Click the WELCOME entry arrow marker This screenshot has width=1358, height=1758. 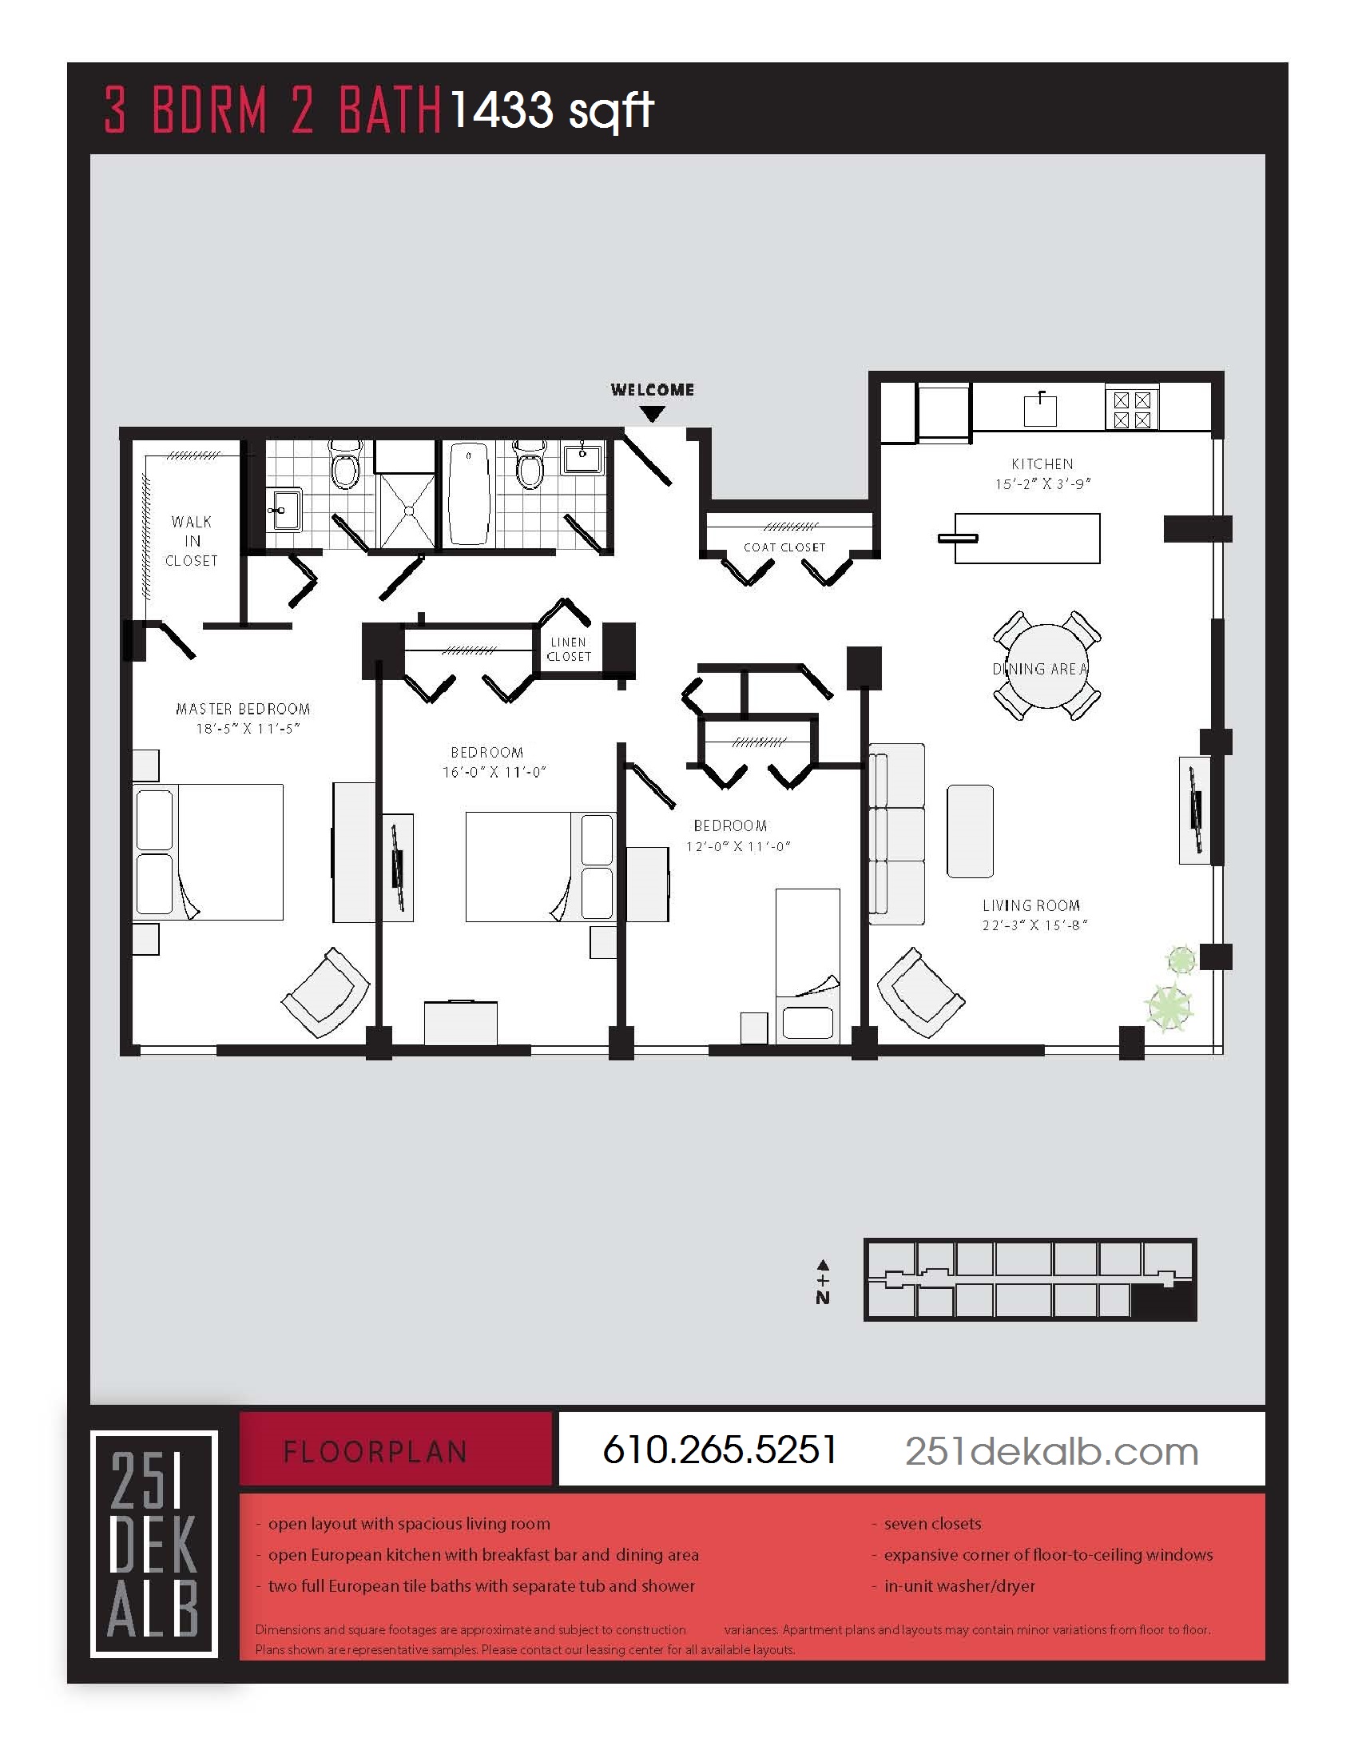coord(652,414)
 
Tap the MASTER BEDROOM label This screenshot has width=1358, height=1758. coord(242,709)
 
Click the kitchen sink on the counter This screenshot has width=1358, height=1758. coord(1039,411)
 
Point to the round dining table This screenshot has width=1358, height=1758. coord(1046,666)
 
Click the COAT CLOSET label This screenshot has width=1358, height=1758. coord(784,547)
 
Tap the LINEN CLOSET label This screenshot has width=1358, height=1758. coord(569,650)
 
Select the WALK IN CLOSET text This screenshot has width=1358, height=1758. coord(192,541)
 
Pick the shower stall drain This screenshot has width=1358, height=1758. coord(409,511)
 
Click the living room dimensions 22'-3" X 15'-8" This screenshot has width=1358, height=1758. coord(1034,925)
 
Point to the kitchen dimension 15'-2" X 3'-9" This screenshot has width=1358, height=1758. coord(1042,483)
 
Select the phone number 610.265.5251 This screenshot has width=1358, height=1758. coord(719,1450)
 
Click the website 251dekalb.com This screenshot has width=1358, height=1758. coord(1050,1451)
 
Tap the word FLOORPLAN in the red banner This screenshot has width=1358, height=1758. coord(375,1452)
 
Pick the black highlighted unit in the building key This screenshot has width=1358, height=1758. coord(1161,1301)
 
